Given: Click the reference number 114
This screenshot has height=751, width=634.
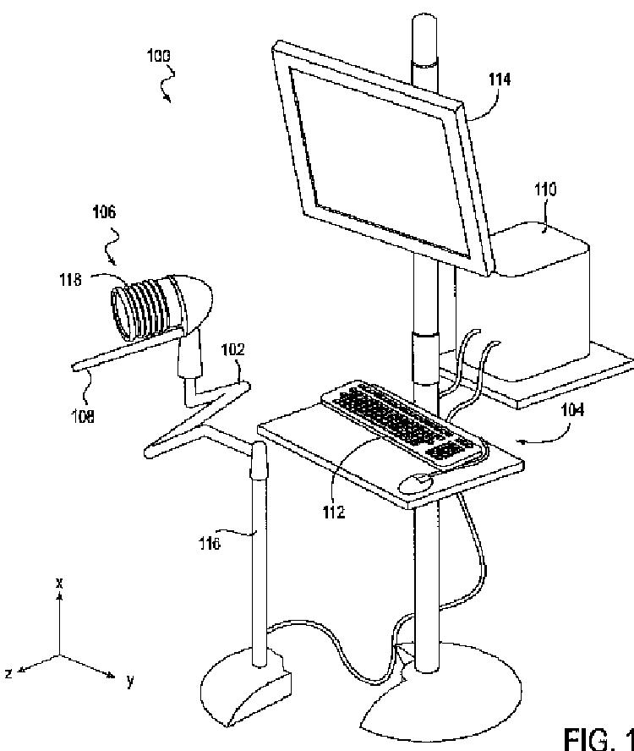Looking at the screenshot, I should [x=500, y=80].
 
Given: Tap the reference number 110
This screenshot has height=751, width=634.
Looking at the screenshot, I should [x=545, y=189].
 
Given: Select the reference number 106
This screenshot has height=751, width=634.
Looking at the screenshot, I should [x=105, y=212].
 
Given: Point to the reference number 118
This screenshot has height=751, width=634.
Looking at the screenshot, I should [x=70, y=281].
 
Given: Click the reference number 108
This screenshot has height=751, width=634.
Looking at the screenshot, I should [x=82, y=415].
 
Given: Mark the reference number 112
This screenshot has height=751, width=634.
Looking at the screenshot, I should [x=334, y=513].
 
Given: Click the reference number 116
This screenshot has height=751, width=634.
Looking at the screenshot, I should [x=210, y=544].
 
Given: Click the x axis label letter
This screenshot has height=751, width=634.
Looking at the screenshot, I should [x=59, y=583].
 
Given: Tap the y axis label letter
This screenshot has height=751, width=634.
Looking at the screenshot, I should [x=131, y=680].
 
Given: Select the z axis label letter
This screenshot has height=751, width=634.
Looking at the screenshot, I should [x=8, y=672].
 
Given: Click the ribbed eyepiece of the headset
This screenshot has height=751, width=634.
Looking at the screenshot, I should [x=139, y=308].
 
